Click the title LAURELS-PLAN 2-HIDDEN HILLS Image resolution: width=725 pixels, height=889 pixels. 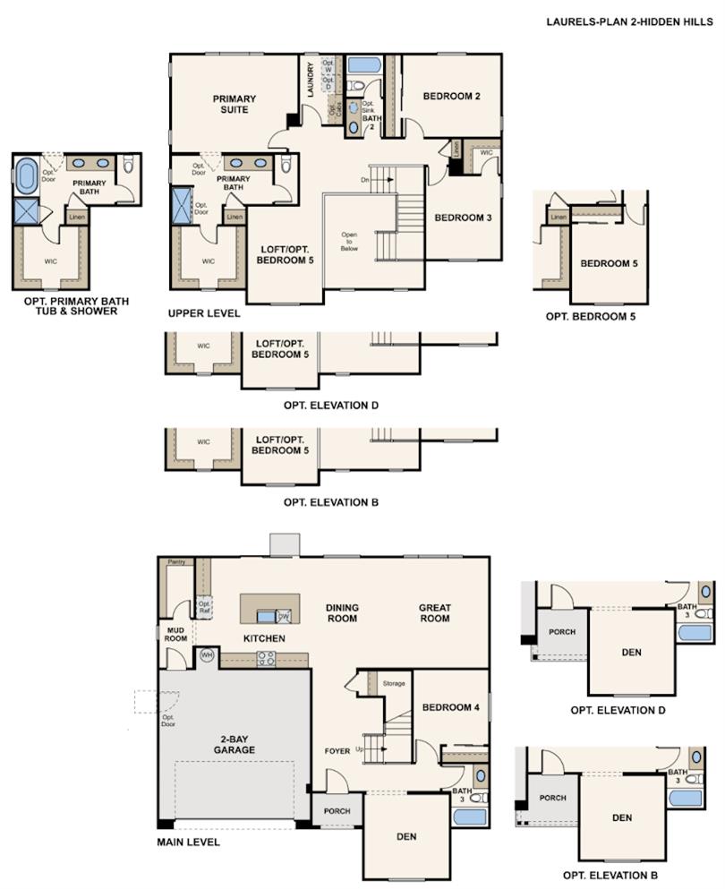pyautogui.click(x=630, y=21)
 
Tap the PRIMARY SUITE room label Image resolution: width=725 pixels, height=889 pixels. pyautogui.click(x=234, y=104)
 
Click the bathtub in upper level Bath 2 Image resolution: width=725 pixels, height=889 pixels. pyautogui.click(x=363, y=65)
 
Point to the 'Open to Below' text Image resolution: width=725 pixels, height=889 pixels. pyautogui.click(x=349, y=242)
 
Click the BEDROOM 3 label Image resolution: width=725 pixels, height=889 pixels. pyautogui.click(x=463, y=218)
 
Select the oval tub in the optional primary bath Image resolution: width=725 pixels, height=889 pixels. pyautogui.click(x=26, y=173)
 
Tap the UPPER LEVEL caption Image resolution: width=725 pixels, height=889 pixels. pyautogui.click(x=203, y=314)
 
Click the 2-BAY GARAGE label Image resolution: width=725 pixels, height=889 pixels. pyautogui.click(x=235, y=744)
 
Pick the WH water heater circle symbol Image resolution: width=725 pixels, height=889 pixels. pyautogui.click(x=207, y=655)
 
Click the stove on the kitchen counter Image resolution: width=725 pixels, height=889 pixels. pyautogui.click(x=266, y=660)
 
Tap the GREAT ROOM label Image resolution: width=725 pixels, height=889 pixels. pyautogui.click(x=435, y=613)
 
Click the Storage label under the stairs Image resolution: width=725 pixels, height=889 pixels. pyautogui.click(x=393, y=683)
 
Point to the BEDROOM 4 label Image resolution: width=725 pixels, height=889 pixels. pyautogui.click(x=450, y=707)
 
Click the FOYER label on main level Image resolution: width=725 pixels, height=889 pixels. pyautogui.click(x=338, y=750)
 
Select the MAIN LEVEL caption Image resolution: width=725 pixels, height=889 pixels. pyautogui.click(x=188, y=842)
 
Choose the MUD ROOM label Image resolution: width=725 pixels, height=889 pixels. pyautogui.click(x=175, y=635)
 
